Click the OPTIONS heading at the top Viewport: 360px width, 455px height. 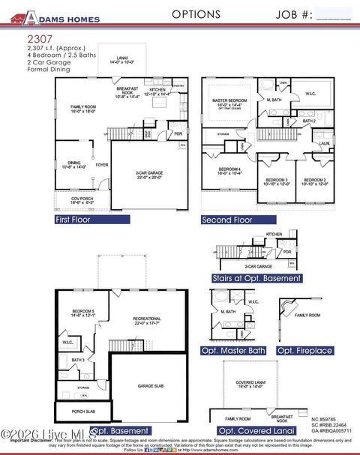[x=196, y=14]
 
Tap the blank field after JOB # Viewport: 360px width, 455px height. [x=334, y=14]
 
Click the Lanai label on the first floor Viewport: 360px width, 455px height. [x=121, y=61]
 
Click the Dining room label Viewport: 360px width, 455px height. [x=75, y=164]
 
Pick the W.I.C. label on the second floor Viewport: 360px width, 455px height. [x=310, y=94]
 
